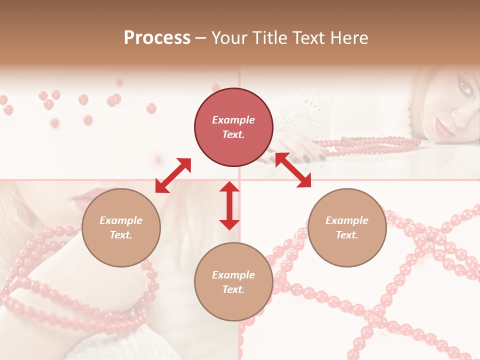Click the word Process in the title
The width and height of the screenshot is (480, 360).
[157, 38]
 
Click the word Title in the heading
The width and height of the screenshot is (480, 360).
[268, 38]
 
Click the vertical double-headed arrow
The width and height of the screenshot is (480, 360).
[229, 205]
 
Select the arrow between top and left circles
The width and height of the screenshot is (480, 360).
[173, 175]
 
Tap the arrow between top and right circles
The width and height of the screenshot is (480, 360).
[293, 170]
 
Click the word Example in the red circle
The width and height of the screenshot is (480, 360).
[233, 120]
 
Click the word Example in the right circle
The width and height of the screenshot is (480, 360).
[347, 220]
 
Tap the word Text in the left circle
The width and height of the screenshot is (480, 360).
[120, 235]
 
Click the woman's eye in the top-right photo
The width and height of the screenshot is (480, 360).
[464, 88]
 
